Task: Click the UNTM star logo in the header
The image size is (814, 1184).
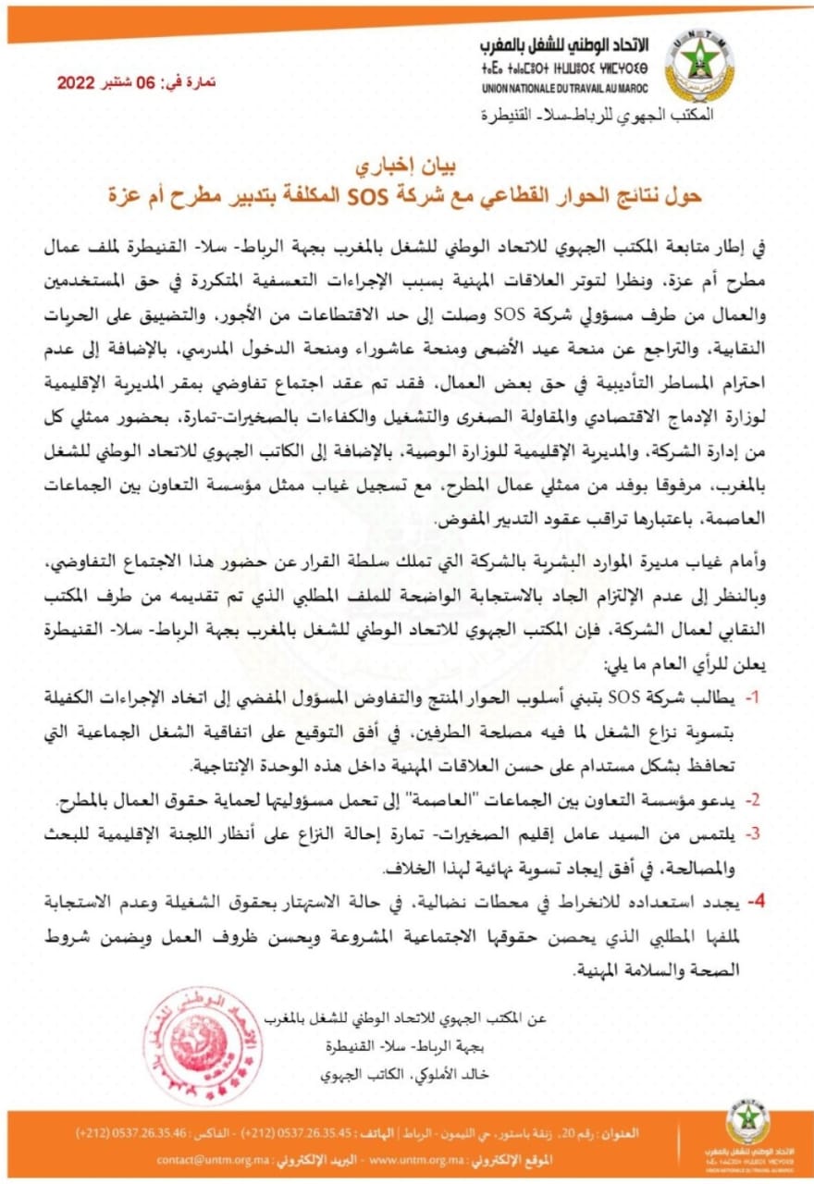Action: [699, 62]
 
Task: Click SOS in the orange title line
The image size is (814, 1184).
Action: [356, 196]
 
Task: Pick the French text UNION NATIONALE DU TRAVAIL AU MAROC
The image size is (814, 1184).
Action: [565, 89]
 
